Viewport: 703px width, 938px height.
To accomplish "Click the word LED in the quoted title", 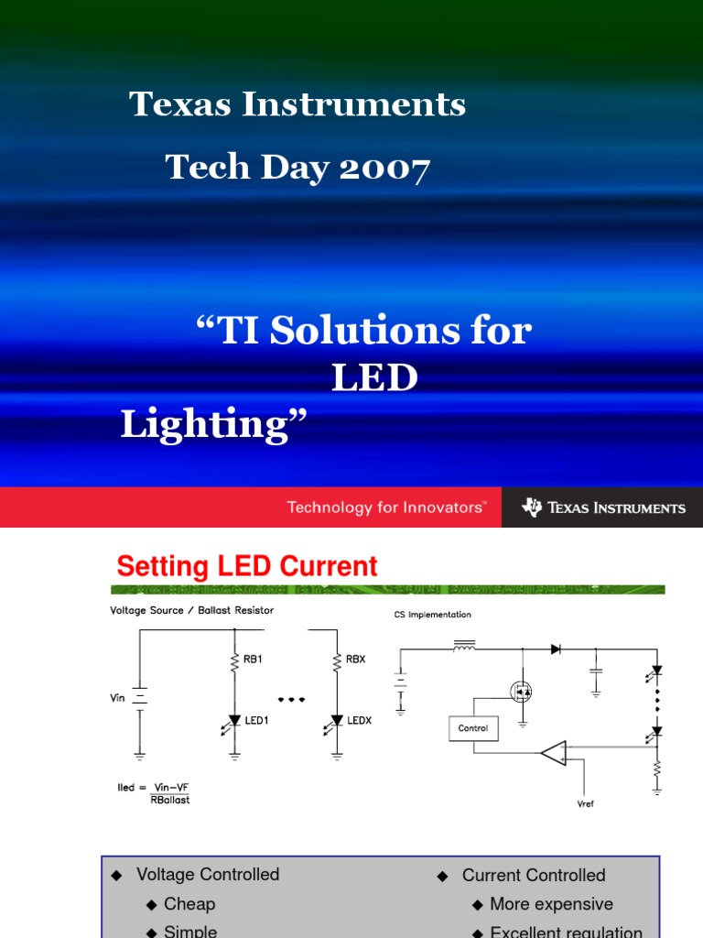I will click(374, 377).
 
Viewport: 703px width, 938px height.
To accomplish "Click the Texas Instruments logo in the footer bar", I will click(603, 507).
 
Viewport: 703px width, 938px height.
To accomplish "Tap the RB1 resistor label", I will click(254, 659).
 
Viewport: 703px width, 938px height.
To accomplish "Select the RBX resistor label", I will click(356, 659).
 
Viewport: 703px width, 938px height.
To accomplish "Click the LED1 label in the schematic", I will click(257, 721).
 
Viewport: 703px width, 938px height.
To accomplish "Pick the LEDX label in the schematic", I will click(360, 721).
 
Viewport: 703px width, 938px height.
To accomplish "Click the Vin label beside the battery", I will click(117, 698).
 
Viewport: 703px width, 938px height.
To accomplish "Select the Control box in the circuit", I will click(473, 729).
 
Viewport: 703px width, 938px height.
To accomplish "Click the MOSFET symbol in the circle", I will click(522, 693).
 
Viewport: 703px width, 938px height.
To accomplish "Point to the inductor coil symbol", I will click(464, 649).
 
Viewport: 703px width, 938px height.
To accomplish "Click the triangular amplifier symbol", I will click(553, 754).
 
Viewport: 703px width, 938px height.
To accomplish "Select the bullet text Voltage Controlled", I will click(208, 875).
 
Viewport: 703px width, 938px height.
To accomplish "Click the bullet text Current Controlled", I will click(534, 876).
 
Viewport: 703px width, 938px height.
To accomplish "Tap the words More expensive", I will click(551, 904).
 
